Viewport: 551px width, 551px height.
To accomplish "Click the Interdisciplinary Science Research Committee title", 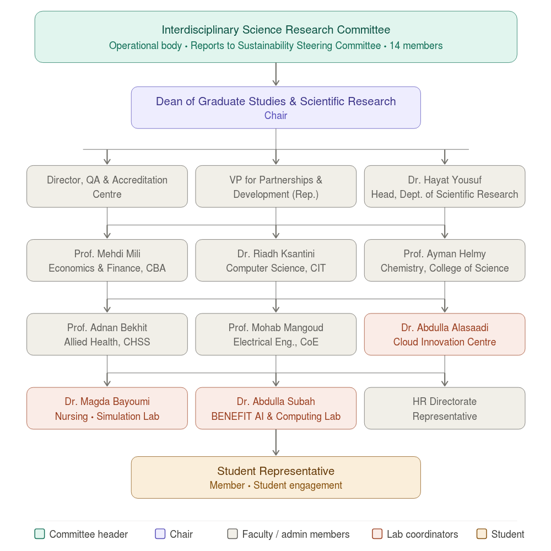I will pos(275,30).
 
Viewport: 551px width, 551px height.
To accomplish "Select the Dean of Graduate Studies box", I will pos(275,107).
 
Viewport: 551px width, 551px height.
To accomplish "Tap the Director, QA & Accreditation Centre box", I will pos(107,187).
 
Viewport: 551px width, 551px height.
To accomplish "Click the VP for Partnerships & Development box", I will pos(275,187).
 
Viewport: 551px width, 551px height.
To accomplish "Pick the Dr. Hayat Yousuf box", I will pos(444,187).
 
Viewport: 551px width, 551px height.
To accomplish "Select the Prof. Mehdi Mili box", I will pos(107,261).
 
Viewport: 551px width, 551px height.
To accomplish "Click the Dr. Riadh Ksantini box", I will pos(275,261).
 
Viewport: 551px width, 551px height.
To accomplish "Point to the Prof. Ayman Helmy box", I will pos(444,261).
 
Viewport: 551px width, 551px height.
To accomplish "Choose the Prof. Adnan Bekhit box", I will pos(107,334).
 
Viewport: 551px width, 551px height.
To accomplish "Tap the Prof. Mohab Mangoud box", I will pos(275,334).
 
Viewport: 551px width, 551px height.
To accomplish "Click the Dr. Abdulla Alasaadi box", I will pos(444,334).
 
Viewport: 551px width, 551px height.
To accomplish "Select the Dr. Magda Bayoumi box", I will pos(107,408).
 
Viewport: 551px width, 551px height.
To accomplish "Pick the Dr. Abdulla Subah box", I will pos(275,408).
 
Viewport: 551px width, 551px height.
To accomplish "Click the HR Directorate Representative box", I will pos(444,408).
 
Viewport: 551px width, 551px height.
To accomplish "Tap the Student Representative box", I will pos(275,477).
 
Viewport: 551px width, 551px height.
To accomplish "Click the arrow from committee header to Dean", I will pos(275,74).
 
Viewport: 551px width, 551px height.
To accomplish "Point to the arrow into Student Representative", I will pos(275,443).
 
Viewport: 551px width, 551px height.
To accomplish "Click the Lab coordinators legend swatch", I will pos(377,534).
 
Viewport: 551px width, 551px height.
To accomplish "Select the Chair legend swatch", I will pos(160,534).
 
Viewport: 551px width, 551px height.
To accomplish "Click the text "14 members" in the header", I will pos(416,46).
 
